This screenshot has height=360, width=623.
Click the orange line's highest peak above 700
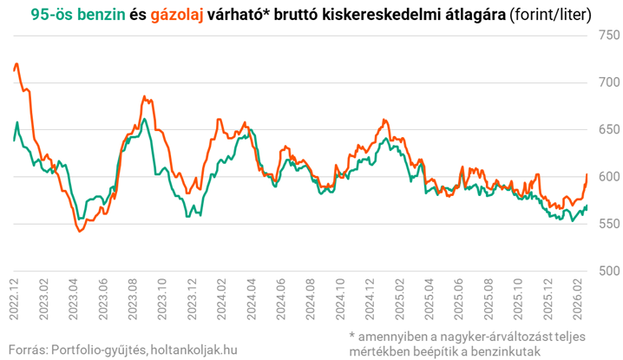[x=17, y=63]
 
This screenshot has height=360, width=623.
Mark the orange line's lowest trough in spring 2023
[x=79, y=232]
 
